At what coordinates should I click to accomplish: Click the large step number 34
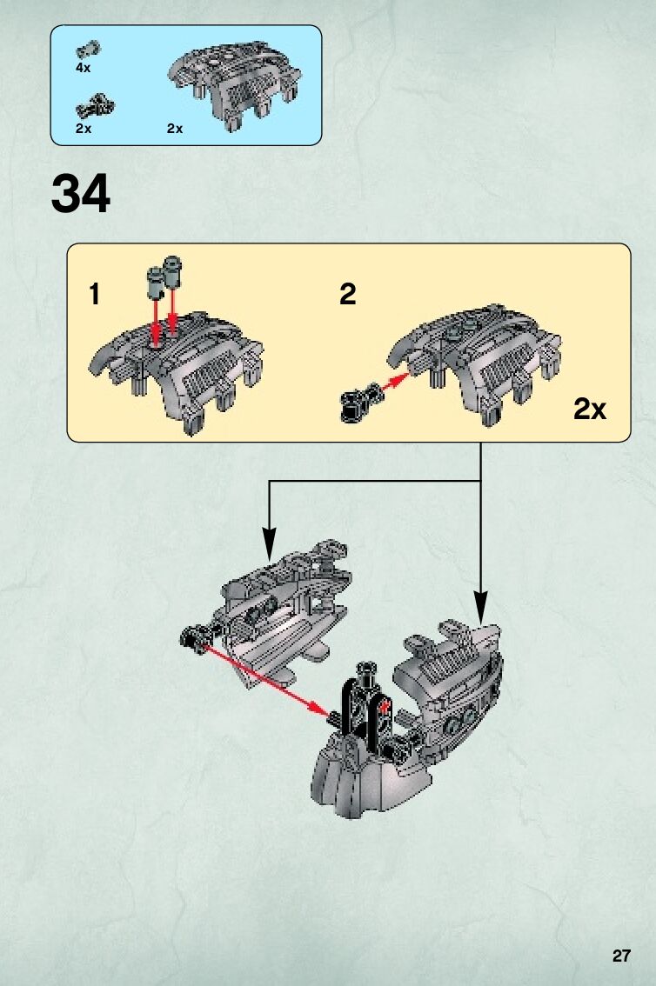coord(81,195)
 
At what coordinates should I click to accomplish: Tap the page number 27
coord(620,956)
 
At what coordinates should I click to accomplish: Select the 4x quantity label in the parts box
coord(84,66)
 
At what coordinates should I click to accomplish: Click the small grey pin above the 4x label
coord(90,49)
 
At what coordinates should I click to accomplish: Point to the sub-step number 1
coord(94,295)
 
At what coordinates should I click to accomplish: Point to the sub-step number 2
coord(347,295)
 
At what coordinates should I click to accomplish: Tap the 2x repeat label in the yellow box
coord(589,410)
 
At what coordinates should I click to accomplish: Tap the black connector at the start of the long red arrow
coord(193,640)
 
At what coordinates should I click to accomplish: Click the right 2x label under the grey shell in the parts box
coord(175,129)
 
